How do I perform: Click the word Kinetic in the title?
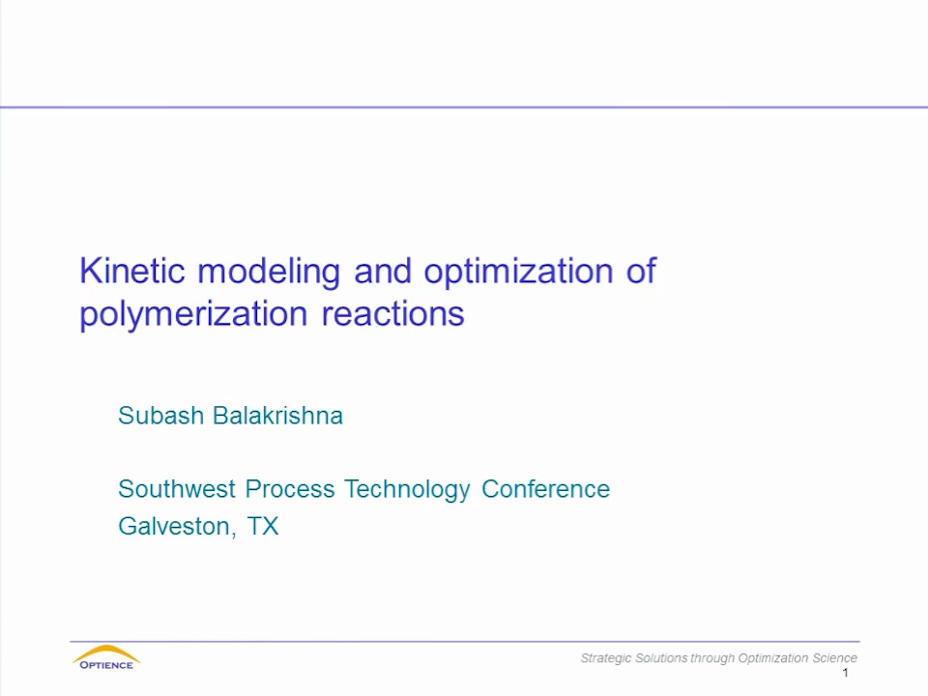click(x=132, y=271)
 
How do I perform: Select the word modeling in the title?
click(x=269, y=274)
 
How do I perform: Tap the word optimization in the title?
click(x=518, y=274)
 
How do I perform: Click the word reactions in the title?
click(x=393, y=313)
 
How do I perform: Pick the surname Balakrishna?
click(x=277, y=416)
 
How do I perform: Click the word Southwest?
click(x=177, y=489)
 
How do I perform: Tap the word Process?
click(x=290, y=489)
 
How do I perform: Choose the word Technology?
click(x=408, y=491)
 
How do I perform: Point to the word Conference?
click(x=545, y=489)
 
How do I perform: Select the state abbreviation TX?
click(x=263, y=526)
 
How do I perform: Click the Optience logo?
click(x=106, y=657)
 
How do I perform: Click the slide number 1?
click(x=845, y=673)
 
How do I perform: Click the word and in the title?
click(x=383, y=271)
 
